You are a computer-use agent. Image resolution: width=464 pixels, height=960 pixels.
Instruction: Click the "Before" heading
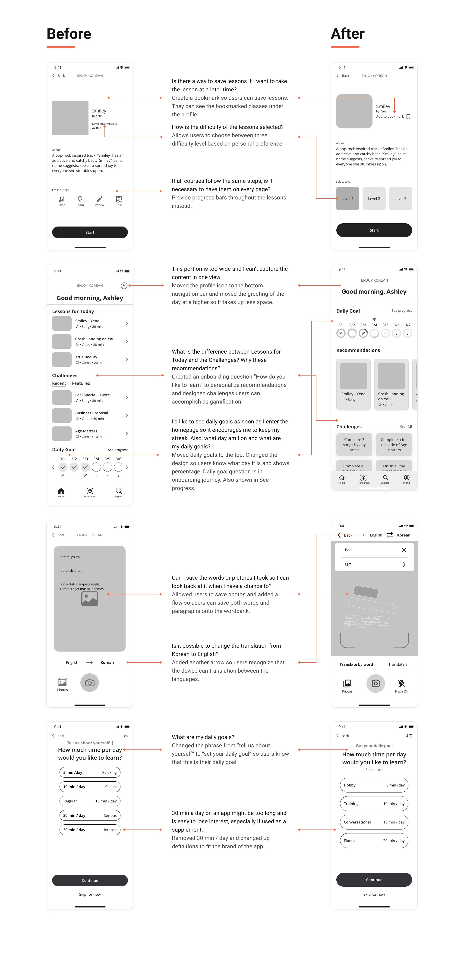click(69, 34)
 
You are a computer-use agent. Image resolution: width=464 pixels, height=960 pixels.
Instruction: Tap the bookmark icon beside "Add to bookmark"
click(408, 117)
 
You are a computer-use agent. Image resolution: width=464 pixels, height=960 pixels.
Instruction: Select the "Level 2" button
click(374, 199)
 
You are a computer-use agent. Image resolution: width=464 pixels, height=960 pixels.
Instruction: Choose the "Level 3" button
click(400, 199)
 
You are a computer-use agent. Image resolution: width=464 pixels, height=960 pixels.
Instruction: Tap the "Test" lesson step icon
click(119, 200)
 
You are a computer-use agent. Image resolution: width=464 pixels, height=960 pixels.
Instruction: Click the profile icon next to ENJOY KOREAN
click(124, 286)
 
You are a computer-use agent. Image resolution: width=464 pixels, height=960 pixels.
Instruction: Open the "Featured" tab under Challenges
click(81, 383)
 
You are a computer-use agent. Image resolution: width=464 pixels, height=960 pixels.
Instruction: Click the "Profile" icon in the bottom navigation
click(407, 478)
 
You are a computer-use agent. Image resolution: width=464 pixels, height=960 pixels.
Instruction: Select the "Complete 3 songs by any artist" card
click(354, 444)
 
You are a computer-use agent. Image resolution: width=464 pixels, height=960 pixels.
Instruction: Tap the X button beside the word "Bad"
click(404, 550)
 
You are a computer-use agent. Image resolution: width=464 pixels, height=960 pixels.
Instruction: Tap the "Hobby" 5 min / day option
click(374, 785)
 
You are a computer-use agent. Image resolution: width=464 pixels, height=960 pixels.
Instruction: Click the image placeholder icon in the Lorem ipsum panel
click(89, 599)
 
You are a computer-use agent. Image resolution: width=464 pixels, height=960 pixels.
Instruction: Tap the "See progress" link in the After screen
click(401, 311)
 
